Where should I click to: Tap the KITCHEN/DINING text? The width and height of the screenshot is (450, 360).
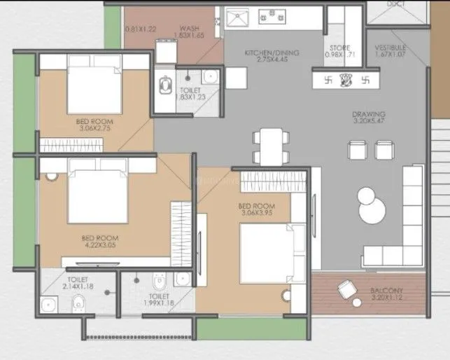tap(263, 53)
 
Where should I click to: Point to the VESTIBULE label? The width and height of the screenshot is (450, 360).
tap(390, 48)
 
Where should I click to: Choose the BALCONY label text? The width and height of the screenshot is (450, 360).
tap(386, 289)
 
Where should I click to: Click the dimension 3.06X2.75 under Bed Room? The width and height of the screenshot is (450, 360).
tap(95, 129)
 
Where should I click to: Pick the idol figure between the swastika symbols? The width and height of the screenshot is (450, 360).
tap(347, 79)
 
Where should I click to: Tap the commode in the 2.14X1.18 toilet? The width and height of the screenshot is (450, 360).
tap(80, 303)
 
